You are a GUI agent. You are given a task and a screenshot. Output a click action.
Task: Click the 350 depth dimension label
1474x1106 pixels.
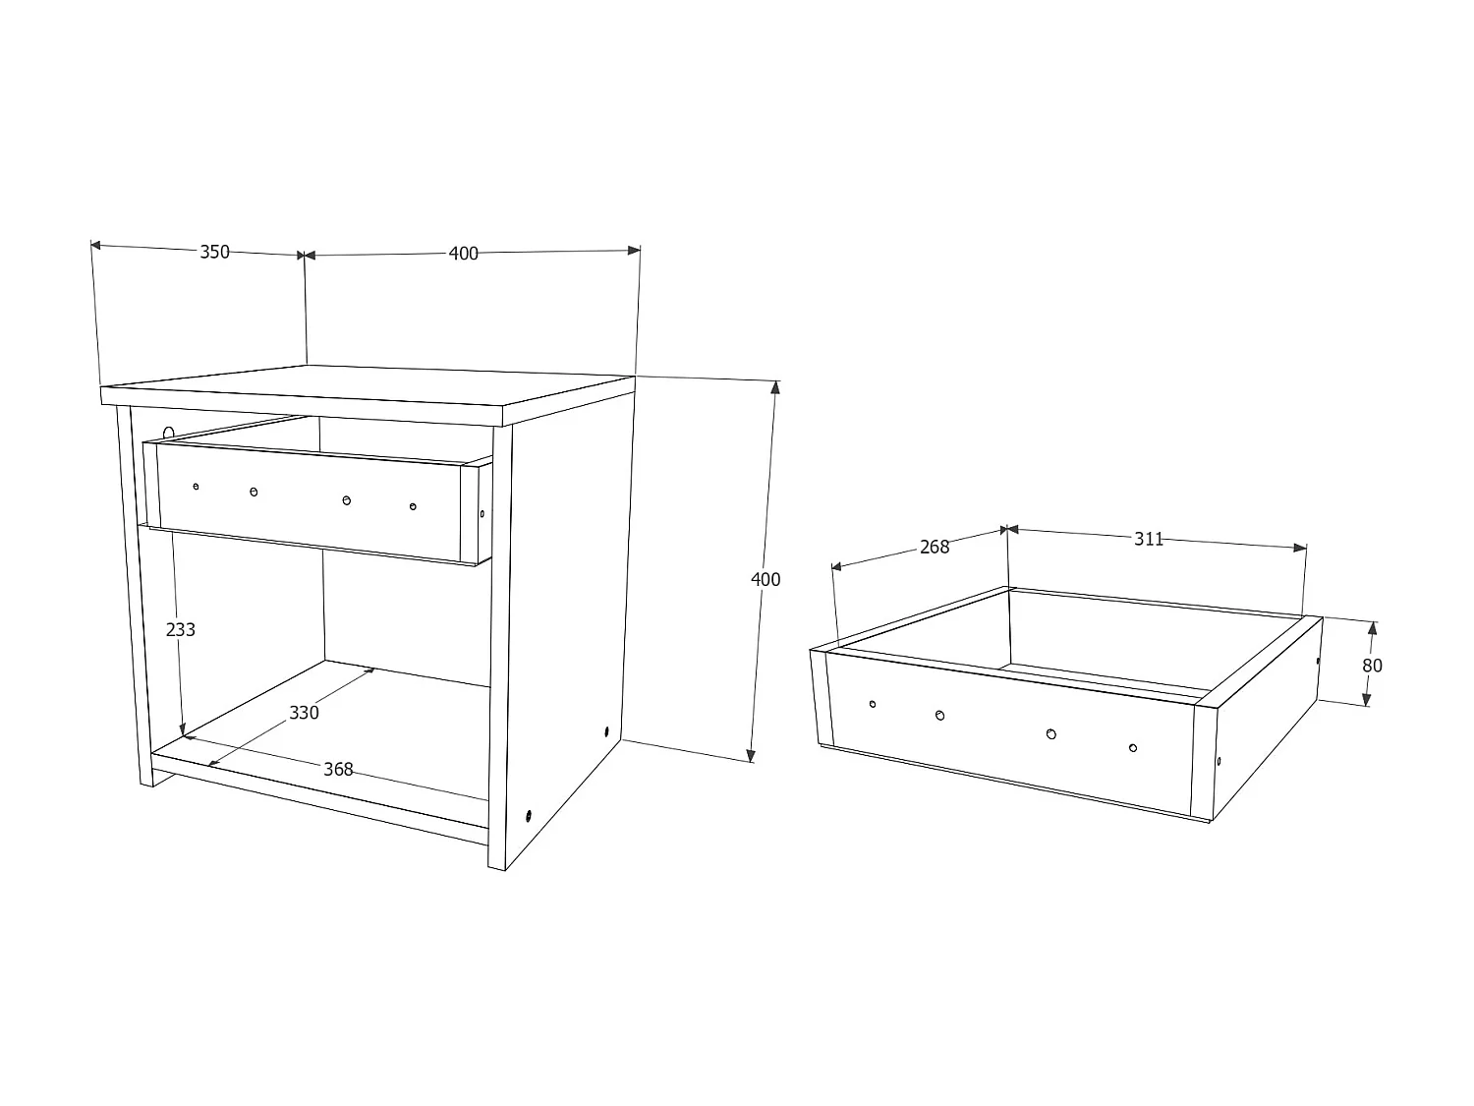point(214,252)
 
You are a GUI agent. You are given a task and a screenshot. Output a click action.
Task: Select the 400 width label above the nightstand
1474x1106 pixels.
point(463,254)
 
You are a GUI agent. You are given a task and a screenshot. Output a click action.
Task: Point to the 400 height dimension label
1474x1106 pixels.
point(765,579)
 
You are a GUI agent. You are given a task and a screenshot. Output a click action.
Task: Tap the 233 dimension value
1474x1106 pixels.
point(181,629)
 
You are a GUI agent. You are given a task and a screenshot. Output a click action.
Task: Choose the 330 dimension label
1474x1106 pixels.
point(304,712)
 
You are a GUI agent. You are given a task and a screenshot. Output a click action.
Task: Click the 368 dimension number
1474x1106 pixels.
point(338,769)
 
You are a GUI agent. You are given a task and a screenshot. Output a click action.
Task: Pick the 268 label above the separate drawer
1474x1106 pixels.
point(935,547)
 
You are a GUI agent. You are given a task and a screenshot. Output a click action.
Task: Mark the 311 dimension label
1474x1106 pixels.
point(1149,539)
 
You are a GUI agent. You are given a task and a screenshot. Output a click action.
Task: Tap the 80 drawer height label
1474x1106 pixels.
point(1372,666)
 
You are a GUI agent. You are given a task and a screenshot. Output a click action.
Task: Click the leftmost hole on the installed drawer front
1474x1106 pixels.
point(197,487)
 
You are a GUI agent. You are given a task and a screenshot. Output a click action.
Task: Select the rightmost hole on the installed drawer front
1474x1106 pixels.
point(413,506)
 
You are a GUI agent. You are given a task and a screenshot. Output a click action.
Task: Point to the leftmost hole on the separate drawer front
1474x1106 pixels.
point(873,703)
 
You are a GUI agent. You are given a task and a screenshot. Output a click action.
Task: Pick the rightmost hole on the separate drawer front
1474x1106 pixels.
point(1133,748)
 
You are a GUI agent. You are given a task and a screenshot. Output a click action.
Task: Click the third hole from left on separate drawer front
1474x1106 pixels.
point(1051,733)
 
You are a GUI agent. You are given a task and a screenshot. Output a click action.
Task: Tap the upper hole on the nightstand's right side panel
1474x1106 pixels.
point(606,732)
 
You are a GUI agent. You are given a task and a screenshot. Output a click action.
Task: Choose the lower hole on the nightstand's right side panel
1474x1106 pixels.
point(530,815)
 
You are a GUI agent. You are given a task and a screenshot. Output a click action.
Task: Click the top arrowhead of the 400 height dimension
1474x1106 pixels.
point(775,386)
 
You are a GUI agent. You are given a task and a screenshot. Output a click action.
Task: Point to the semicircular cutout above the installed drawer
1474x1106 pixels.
point(169,433)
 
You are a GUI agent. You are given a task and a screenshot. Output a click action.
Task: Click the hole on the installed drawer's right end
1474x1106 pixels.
point(482,512)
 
